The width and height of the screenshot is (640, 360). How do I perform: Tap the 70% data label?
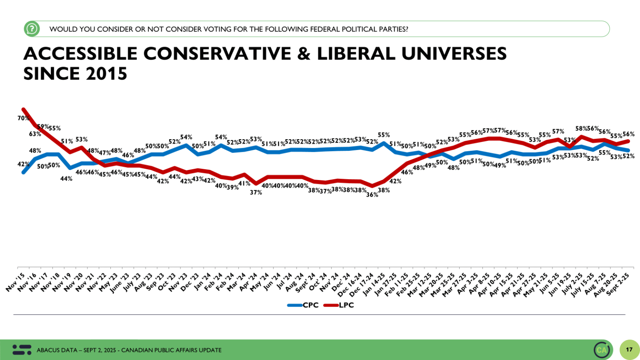[23, 118]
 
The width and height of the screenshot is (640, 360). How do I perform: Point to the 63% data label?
[35, 134]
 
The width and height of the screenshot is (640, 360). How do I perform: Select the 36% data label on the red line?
[372, 195]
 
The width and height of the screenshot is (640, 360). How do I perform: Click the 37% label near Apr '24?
[256, 192]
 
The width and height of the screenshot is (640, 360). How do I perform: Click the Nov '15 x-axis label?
[16, 282]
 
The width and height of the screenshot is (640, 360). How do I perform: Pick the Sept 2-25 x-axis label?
[618, 285]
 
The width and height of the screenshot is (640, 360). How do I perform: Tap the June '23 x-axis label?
[120, 283]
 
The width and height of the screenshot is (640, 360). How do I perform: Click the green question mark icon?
[32, 29]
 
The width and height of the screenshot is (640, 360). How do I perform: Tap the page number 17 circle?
[629, 350]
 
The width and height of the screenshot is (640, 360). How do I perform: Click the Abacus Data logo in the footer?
[22, 350]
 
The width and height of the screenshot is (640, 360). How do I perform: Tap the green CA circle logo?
[602, 350]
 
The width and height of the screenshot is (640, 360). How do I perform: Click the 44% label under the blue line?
[66, 179]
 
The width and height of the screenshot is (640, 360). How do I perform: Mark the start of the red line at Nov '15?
[23, 110]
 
